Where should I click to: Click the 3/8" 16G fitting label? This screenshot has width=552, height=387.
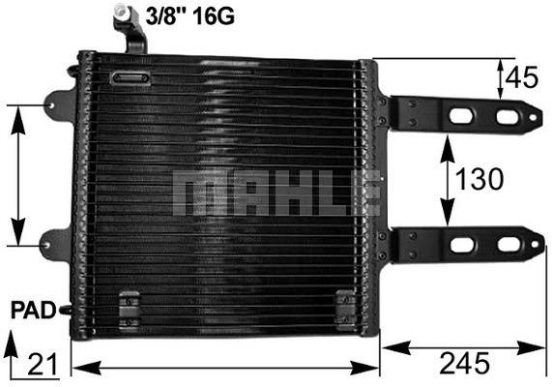tap(190, 15)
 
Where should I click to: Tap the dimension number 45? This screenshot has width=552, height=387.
tap(522, 77)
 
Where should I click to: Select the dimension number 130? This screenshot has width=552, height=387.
tap(479, 179)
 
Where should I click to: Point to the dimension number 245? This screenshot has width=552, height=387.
tap(464, 363)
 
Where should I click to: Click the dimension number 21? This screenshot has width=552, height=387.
tap(43, 365)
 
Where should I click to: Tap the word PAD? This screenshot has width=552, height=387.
tap(34, 311)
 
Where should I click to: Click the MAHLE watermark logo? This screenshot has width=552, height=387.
tap(276, 193)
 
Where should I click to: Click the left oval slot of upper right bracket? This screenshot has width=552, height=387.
tap(461, 116)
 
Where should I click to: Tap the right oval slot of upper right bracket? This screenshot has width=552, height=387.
tap(508, 117)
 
